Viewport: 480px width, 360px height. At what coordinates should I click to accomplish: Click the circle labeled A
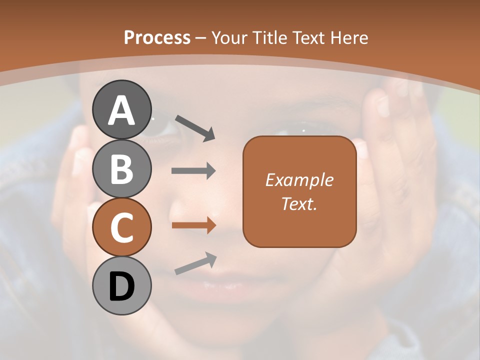click(122, 109)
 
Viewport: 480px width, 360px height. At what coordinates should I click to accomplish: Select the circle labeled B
click(122, 168)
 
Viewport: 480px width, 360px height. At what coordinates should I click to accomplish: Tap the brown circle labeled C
click(122, 227)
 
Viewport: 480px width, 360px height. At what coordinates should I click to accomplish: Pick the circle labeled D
click(122, 285)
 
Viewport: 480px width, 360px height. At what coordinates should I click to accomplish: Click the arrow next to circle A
click(195, 127)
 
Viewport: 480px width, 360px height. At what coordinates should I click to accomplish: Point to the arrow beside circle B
click(193, 171)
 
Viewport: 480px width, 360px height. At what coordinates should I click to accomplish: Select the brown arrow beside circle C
click(193, 225)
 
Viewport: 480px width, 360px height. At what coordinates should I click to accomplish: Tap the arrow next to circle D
click(195, 263)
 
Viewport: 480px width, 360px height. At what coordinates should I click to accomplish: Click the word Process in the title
click(157, 37)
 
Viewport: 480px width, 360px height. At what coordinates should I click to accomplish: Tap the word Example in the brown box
click(299, 180)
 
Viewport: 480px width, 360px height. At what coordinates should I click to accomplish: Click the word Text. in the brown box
click(299, 203)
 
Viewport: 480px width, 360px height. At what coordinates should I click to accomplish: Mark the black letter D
click(122, 287)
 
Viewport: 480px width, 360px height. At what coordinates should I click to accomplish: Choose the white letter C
click(122, 227)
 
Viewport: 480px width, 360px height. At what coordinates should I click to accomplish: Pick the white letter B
click(122, 169)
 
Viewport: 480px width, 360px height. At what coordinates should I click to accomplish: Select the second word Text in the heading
click(308, 37)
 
